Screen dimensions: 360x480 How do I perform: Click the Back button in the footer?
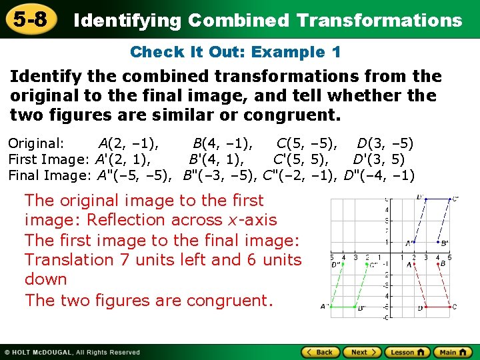pyautogui.click(x=320, y=352)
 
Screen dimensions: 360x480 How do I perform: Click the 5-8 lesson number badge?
pyautogui.click(x=28, y=19)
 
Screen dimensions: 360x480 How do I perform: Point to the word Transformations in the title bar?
pyautogui.click(x=379, y=20)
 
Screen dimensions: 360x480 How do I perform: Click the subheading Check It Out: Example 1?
pyautogui.click(x=235, y=51)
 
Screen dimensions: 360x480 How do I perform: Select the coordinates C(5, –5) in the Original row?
pyautogui.click(x=307, y=143)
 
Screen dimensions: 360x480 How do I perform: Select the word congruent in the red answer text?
pyautogui.click(x=223, y=300)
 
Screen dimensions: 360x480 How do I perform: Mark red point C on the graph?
pyautogui.click(x=449, y=307)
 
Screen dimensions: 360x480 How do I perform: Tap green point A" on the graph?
pyautogui.click(x=332, y=307)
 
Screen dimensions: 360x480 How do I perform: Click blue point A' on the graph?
pyautogui.click(x=414, y=242)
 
